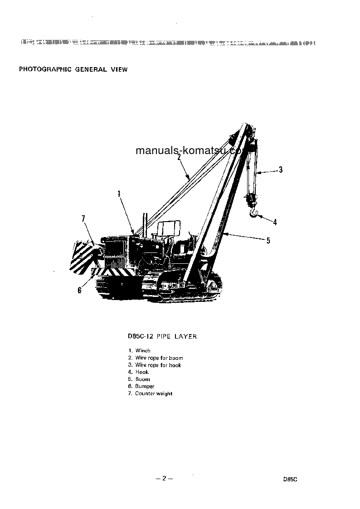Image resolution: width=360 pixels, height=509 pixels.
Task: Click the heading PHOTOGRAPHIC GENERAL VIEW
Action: pyautogui.click(x=73, y=69)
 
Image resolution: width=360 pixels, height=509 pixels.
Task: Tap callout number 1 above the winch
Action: pyautogui.click(x=119, y=194)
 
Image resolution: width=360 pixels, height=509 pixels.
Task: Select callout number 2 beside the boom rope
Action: pyautogui.click(x=179, y=157)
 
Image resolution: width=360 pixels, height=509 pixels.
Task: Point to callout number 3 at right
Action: pyautogui.click(x=281, y=170)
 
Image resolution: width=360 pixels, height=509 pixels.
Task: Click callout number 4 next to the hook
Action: pyautogui.click(x=275, y=222)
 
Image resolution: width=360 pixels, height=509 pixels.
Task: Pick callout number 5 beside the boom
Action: pyautogui.click(x=268, y=241)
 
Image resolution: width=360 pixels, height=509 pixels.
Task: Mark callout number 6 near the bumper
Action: pyautogui.click(x=79, y=290)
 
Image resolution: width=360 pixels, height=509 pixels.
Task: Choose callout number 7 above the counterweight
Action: pyautogui.click(x=83, y=219)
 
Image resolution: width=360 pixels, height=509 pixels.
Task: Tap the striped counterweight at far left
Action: pyautogui.click(x=82, y=256)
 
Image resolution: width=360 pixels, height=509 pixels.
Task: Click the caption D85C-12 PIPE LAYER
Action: pyautogui.click(x=162, y=337)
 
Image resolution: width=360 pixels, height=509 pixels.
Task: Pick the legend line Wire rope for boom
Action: pyautogui.click(x=159, y=358)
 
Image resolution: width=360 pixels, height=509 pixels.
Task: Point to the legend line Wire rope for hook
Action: pyautogui.click(x=158, y=365)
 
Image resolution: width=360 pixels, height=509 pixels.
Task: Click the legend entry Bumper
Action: pyautogui.click(x=145, y=386)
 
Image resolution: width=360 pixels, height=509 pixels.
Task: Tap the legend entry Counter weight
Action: pyautogui.click(x=153, y=393)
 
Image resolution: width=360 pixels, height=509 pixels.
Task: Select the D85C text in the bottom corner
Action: pyautogui.click(x=289, y=479)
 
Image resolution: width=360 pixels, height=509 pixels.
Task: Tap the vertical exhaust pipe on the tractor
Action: pyautogui.click(x=146, y=223)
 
